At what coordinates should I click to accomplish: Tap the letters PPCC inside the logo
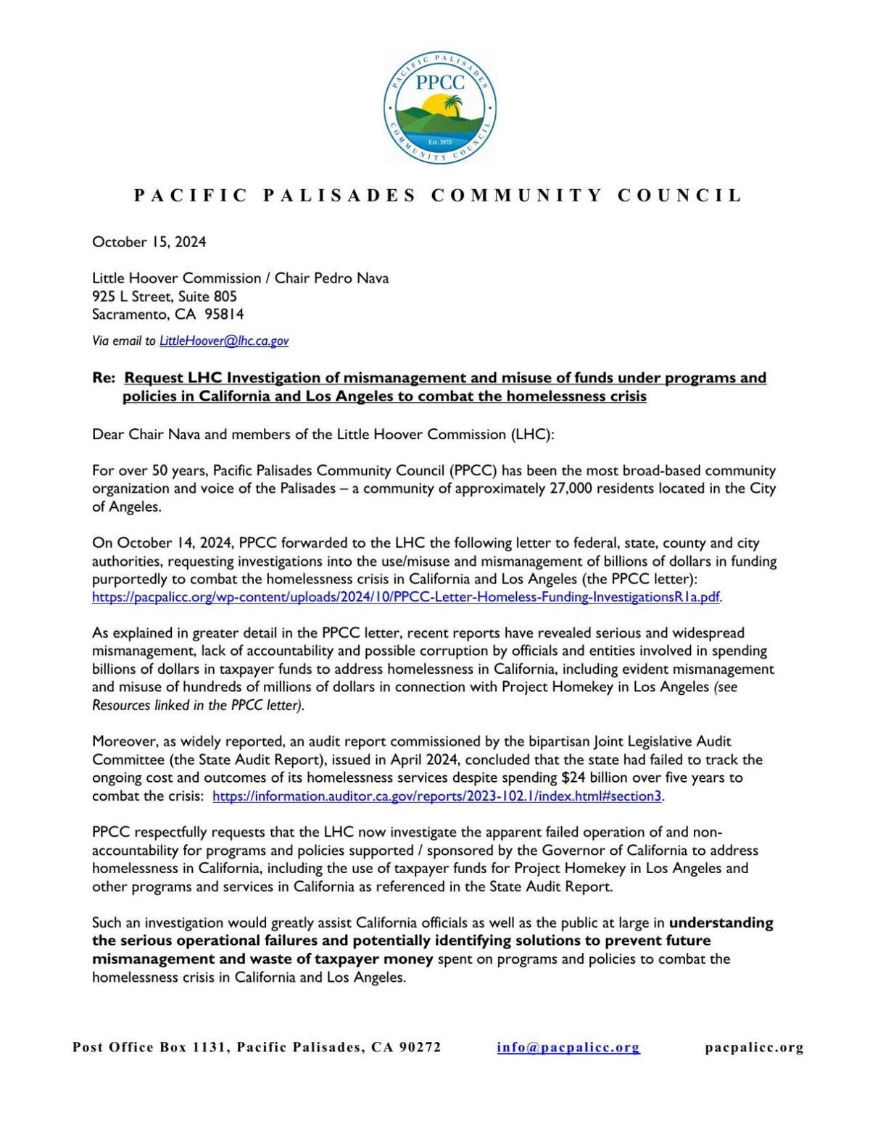440,82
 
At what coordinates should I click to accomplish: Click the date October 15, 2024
149,242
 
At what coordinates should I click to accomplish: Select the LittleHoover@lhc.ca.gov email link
223,341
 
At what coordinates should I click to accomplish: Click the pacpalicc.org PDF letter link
406,597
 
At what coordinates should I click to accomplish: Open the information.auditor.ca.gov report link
437,796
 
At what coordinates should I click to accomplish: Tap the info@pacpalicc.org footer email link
568,1047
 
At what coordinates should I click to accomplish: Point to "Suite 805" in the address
207,296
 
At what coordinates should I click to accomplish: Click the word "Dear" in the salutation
108,435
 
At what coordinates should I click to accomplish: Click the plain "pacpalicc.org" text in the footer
754,1047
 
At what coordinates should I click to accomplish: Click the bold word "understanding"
721,923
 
